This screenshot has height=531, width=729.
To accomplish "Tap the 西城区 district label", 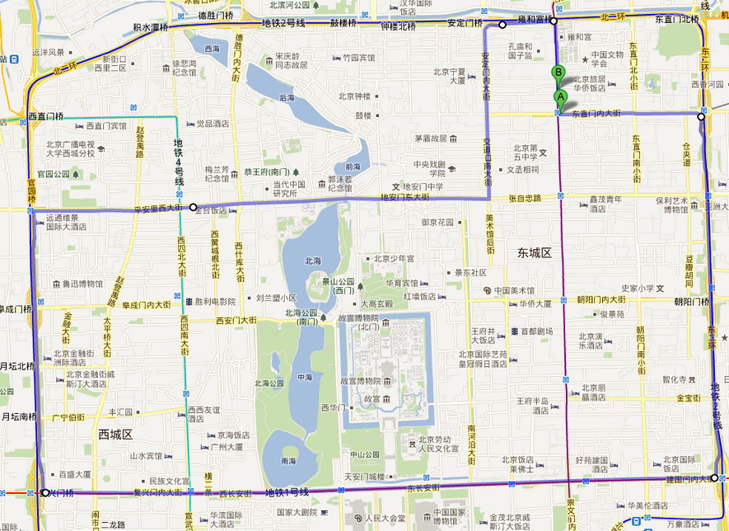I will (116, 434).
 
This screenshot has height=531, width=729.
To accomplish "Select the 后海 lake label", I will (287, 98).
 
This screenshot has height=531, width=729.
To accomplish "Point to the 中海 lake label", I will (304, 377).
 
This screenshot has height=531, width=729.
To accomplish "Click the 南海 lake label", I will (288, 461).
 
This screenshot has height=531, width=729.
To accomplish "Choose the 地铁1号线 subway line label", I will (287, 492).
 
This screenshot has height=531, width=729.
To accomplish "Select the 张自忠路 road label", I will (525, 199).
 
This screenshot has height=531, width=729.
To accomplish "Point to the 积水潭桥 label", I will (150, 27).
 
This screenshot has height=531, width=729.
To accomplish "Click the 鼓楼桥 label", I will (343, 23).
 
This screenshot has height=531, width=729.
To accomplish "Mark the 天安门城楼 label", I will (364, 477).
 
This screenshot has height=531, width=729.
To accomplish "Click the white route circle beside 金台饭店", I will (193, 208).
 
